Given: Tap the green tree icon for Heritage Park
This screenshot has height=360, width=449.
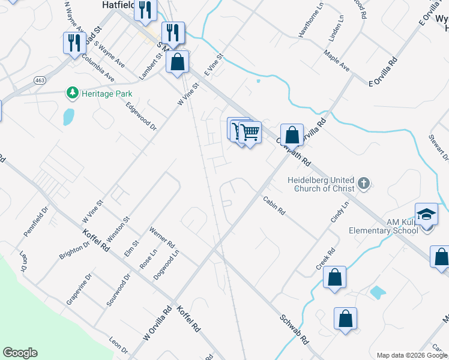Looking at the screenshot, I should tap(73, 93).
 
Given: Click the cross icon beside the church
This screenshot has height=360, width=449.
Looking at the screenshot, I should tap(363, 184).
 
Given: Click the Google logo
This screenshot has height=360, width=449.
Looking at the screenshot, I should tap(20, 353).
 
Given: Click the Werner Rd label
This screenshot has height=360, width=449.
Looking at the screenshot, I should tap(161, 239).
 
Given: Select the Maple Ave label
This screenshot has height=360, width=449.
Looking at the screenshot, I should tap(336, 61).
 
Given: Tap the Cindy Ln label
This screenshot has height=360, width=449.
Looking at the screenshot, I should tap(339, 213).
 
